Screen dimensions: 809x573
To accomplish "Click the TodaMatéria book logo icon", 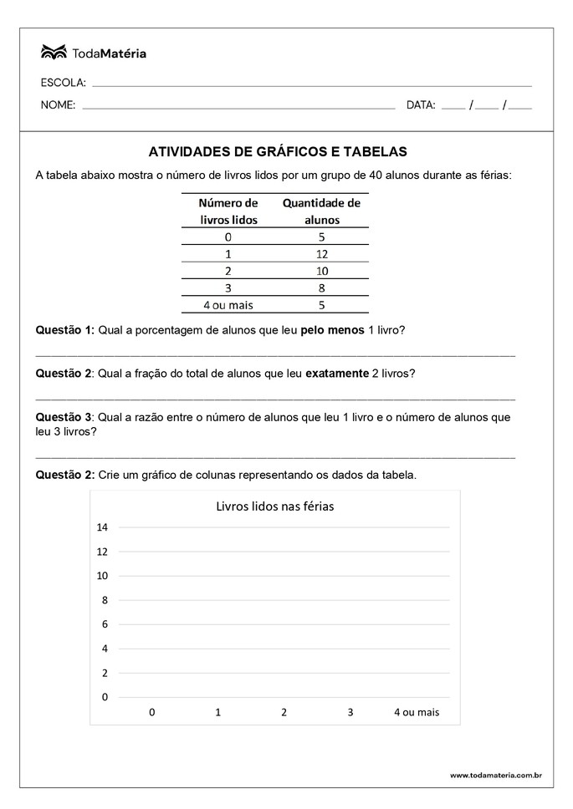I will (x=53, y=53).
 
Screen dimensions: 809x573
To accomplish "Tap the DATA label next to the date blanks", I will (x=421, y=105).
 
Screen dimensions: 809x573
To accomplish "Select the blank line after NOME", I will (x=238, y=108).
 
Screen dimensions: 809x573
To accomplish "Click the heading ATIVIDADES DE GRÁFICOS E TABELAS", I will (x=278, y=152).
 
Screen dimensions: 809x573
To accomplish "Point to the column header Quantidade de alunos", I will (x=321, y=211).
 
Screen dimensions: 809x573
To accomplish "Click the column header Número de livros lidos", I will (x=228, y=211).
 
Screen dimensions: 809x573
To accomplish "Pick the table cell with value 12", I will (x=322, y=254).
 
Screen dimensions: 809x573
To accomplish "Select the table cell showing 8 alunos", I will (x=322, y=287).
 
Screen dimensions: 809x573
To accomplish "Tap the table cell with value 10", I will (x=322, y=271).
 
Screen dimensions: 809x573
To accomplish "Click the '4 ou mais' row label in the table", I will (x=228, y=305).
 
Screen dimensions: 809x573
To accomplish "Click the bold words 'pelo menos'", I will (x=333, y=330).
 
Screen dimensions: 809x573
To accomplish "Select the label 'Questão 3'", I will (x=64, y=416).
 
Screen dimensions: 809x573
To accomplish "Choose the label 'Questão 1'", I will (x=64, y=330).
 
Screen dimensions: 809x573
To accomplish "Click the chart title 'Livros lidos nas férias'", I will (x=275, y=506).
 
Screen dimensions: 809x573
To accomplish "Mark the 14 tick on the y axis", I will (x=103, y=527).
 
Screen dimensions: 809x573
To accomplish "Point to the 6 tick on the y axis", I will (x=105, y=624).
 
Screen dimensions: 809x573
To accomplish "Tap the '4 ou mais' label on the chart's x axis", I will (x=417, y=712).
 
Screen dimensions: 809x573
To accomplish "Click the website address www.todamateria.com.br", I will (x=495, y=776).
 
